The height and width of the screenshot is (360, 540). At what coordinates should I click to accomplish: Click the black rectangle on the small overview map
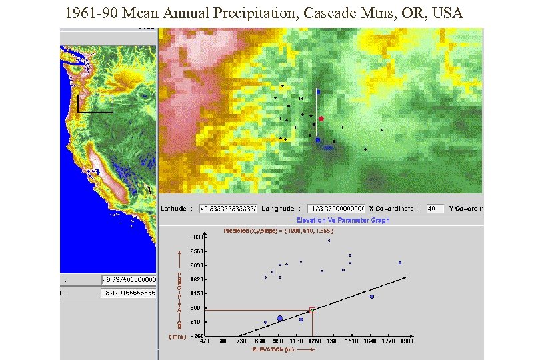point(95,104)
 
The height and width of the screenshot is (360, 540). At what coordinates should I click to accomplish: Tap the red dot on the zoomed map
point(321,119)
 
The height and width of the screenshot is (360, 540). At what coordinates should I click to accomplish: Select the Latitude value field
point(228,209)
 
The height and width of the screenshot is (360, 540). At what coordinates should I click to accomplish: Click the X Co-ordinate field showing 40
point(435,209)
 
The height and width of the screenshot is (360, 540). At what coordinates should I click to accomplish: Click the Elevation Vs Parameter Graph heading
point(343,220)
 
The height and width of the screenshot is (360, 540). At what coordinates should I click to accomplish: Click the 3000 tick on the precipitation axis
point(197,237)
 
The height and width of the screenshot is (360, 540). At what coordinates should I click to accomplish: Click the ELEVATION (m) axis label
point(273,349)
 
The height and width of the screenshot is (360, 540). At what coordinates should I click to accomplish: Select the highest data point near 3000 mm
point(329,241)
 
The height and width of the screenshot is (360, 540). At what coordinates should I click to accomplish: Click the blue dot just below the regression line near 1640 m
point(372,297)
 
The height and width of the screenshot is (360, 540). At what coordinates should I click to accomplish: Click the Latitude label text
point(173,209)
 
